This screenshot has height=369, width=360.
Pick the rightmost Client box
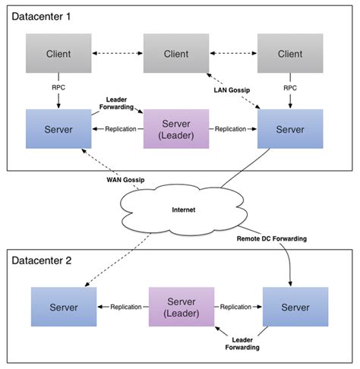click(289, 54)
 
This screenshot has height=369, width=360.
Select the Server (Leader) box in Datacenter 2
click(179, 307)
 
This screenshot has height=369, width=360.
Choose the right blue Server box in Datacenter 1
click(289, 128)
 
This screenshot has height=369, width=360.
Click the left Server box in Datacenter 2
click(63, 307)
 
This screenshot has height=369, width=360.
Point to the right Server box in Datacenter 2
click(295, 307)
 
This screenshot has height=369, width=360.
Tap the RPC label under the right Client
click(289, 87)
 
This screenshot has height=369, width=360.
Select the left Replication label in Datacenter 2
click(122, 307)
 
